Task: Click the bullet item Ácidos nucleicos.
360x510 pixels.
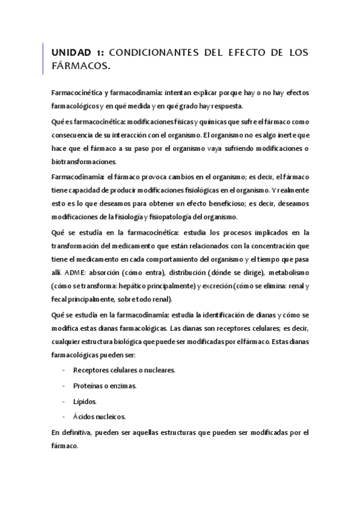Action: [x=99, y=416]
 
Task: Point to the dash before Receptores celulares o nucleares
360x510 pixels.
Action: [x=64, y=369]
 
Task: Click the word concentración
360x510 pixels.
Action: [x=272, y=245]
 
